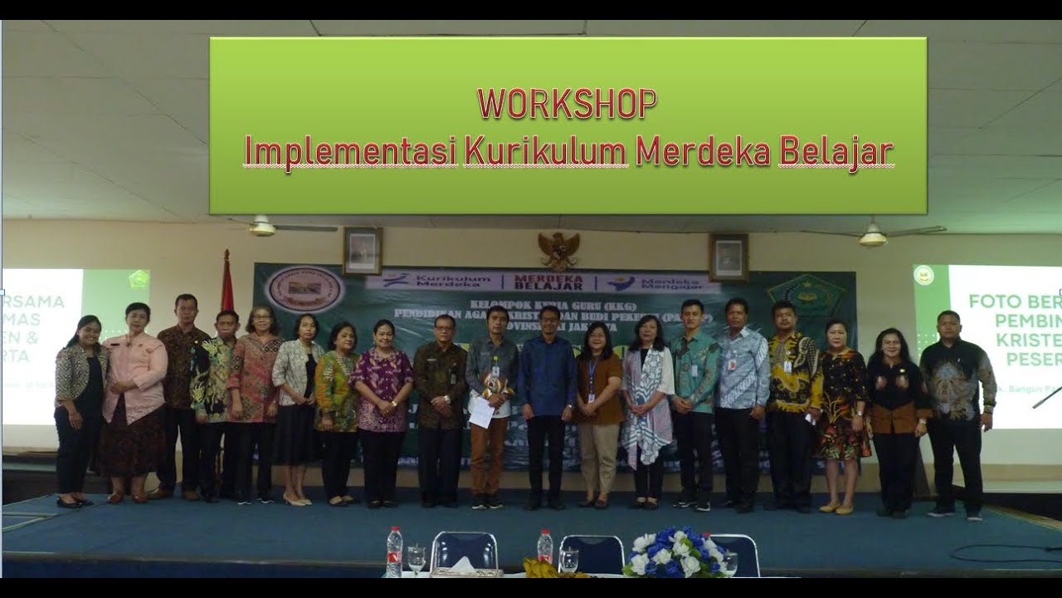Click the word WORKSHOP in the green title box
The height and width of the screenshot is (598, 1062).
tap(567, 104)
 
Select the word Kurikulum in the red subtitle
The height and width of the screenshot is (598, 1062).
tap(544, 152)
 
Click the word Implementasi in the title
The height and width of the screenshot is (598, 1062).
tap(350, 153)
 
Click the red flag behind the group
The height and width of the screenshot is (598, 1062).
tap(227, 282)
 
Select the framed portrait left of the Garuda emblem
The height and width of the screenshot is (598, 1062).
tap(363, 250)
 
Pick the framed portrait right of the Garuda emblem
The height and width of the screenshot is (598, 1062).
tap(728, 257)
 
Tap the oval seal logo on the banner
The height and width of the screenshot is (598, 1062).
tap(304, 288)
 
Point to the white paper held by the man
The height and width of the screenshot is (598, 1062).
tap(482, 412)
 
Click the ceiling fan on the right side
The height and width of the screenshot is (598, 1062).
tap(873, 235)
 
